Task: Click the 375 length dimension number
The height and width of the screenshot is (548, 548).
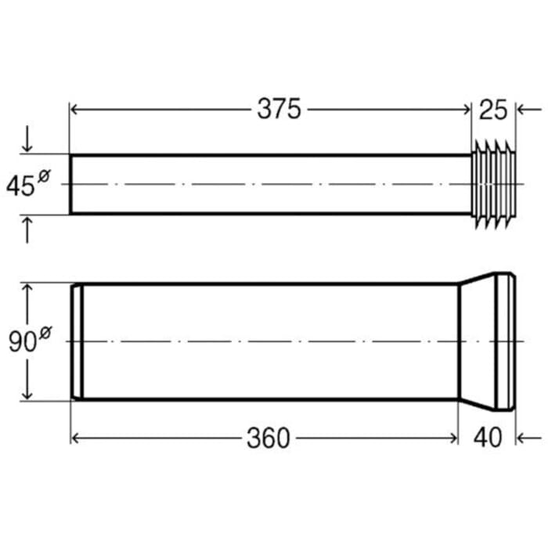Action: [x=279, y=110]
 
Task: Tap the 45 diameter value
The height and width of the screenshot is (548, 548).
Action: [x=20, y=186]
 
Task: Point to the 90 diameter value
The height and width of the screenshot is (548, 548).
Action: [x=22, y=343]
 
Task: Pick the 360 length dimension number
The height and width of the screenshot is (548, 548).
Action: [x=268, y=438]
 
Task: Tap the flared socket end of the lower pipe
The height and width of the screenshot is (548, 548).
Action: [x=485, y=341]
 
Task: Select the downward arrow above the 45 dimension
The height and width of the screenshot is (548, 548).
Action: [x=29, y=141]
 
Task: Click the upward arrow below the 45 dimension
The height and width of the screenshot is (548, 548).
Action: [x=29, y=229]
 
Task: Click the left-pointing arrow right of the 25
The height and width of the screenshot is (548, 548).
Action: [x=526, y=110]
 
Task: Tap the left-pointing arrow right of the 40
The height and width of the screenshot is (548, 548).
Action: [x=528, y=438]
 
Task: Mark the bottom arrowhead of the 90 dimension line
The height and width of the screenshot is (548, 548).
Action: [x=29, y=395]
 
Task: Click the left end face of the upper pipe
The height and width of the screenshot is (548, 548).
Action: [x=71, y=185]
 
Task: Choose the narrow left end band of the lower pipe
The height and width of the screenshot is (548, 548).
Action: [x=77, y=341]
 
